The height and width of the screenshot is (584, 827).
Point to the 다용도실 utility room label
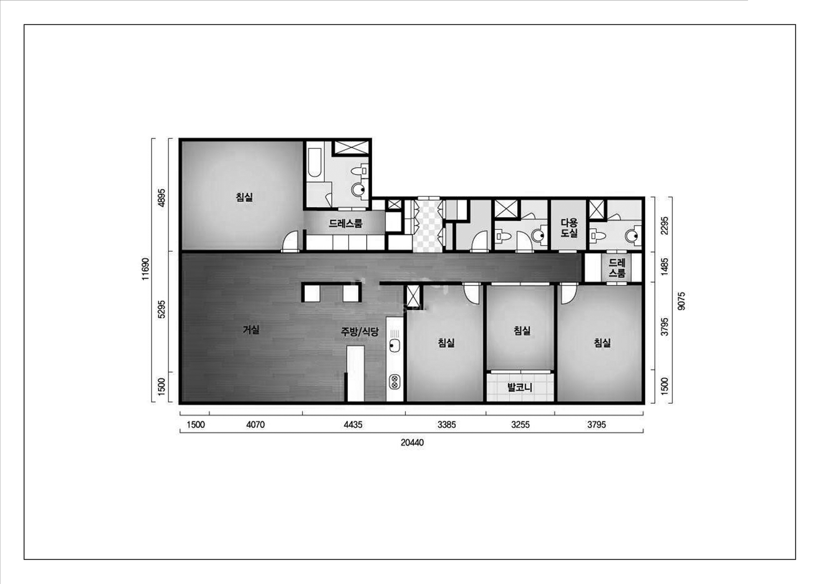[x=569, y=228]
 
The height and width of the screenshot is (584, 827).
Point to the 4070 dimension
[x=255, y=425]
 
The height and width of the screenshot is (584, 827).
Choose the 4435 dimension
[x=353, y=425]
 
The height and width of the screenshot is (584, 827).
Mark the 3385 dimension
[x=447, y=425]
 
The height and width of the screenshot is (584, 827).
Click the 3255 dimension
[x=520, y=425]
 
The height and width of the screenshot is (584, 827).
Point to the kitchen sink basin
[x=395, y=346]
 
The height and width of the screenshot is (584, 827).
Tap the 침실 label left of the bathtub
[x=244, y=197]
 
